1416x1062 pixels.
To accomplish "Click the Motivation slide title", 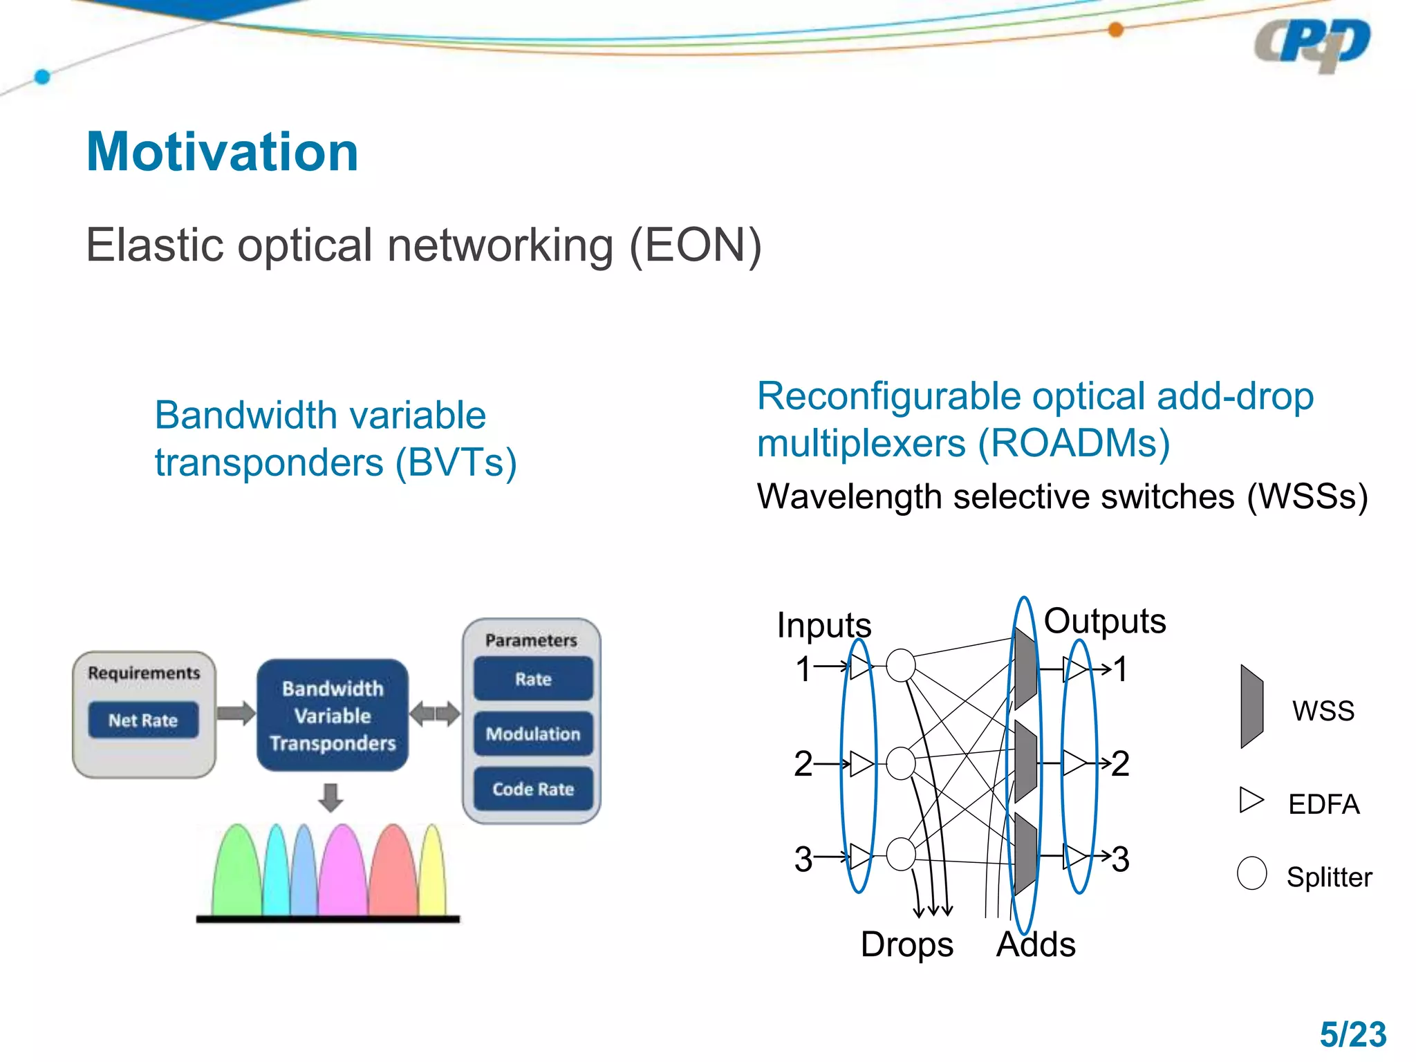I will [222, 152].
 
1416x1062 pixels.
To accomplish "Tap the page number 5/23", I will [1352, 1035].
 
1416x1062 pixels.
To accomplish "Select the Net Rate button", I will [143, 720].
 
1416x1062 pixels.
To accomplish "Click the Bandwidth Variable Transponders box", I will [333, 716].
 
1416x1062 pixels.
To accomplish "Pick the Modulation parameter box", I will [533, 734].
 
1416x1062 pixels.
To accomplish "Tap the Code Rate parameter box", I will [533, 789].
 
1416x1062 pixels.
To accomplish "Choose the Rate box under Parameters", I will [533, 679].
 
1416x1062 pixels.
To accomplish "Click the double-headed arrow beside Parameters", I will [435, 714].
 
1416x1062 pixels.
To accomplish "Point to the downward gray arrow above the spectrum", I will [331, 797].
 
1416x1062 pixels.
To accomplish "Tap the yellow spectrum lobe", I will [434, 875].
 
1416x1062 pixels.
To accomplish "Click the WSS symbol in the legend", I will [1251, 707].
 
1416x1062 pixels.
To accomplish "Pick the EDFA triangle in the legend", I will [1251, 800].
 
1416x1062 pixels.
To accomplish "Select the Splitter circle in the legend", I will [1251, 873].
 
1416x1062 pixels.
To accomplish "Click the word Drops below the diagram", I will [906, 944].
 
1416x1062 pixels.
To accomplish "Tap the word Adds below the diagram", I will [1036, 944].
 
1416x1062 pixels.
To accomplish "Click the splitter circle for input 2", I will [901, 763].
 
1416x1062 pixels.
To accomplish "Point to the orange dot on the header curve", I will [1115, 30].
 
